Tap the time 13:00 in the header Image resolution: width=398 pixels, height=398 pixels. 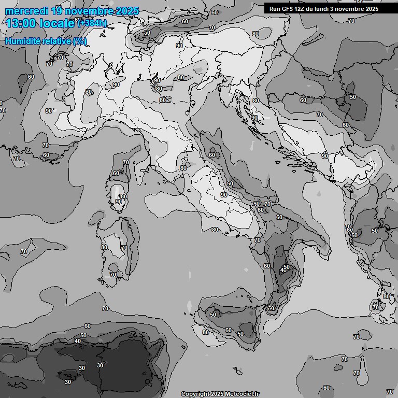[21, 23]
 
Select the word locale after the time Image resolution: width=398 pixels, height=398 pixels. [58, 23]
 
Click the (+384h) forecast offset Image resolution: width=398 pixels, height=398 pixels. [92, 23]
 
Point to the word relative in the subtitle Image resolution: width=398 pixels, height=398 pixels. [55, 41]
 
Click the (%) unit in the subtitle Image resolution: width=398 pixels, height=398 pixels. [80, 41]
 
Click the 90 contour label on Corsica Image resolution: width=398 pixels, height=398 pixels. [119, 202]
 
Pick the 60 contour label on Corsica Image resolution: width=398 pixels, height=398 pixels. [116, 173]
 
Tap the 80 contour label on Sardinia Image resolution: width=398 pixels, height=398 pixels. [104, 248]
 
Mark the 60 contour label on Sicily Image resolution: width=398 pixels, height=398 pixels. [228, 330]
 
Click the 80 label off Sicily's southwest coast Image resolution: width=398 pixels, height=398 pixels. [205, 332]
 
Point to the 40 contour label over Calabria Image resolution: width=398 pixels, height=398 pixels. [283, 270]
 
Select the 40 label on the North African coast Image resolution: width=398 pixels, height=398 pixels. [77, 341]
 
